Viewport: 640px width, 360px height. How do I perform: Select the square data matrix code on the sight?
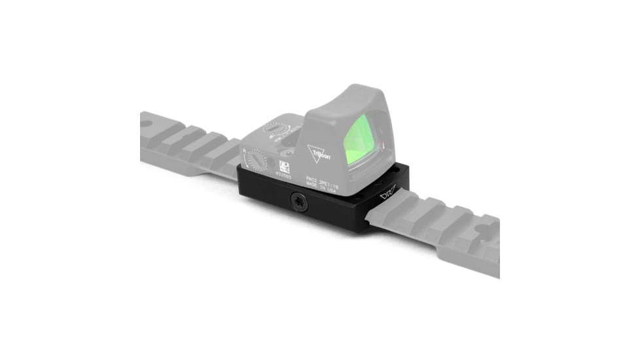click(x=285, y=166)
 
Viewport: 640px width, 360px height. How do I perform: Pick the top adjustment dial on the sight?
click(x=276, y=128)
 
